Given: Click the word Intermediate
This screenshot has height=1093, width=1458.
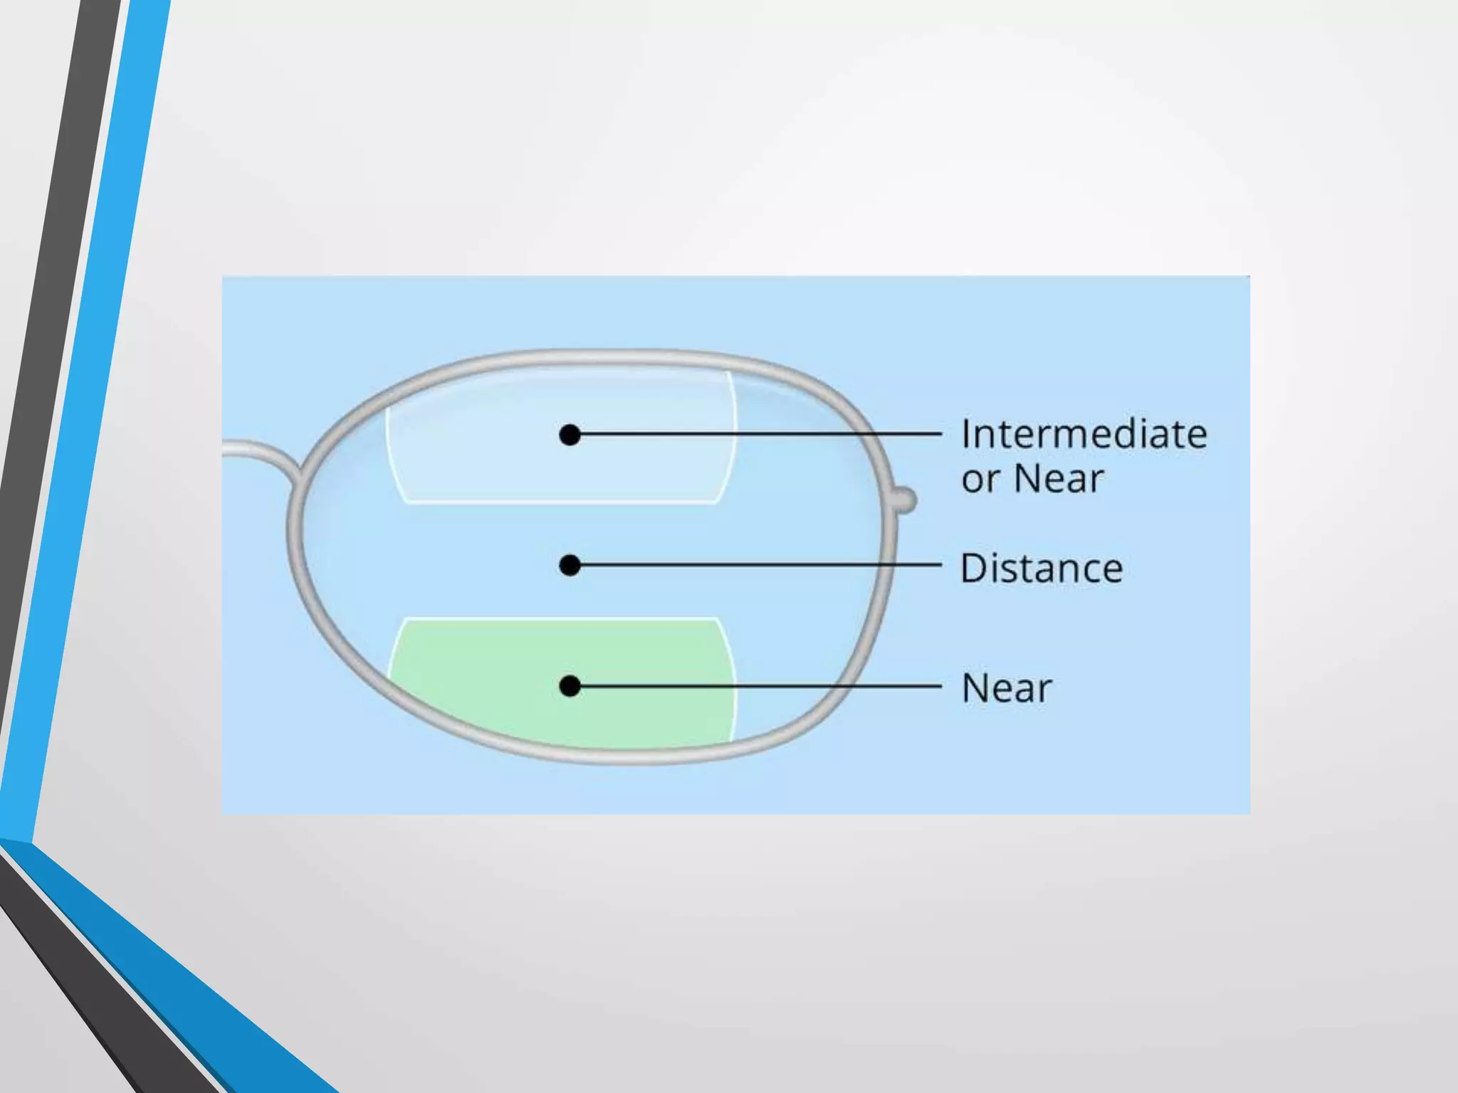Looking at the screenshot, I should pyautogui.click(x=1084, y=434).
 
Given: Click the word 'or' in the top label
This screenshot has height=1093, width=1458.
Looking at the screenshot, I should pyautogui.click(x=980, y=479).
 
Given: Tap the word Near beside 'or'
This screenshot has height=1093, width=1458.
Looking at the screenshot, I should pyautogui.click(x=1059, y=479).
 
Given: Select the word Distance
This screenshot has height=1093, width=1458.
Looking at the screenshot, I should pyautogui.click(x=1041, y=569).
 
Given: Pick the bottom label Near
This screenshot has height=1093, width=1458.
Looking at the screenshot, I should pyautogui.click(x=1007, y=688).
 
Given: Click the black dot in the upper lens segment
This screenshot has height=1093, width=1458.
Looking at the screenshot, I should pyautogui.click(x=570, y=435).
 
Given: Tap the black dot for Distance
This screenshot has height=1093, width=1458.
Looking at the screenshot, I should pyautogui.click(x=570, y=566).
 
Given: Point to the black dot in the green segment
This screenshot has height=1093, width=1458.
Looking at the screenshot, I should pyautogui.click(x=570, y=686).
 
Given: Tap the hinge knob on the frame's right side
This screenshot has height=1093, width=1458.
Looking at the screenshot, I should pyautogui.click(x=905, y=500).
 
